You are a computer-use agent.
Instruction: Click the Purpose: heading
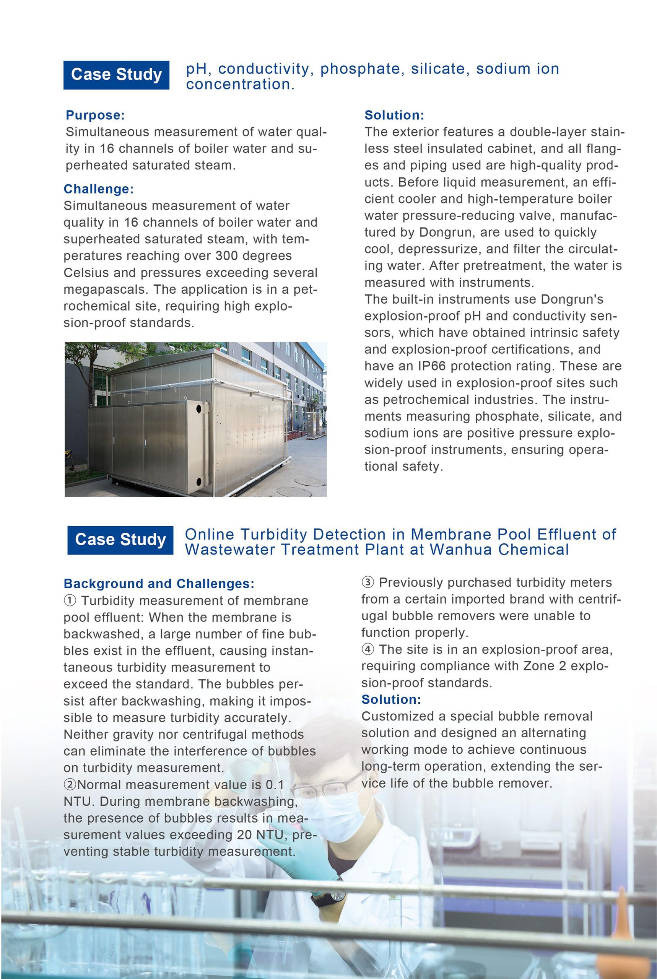tap(95, 115)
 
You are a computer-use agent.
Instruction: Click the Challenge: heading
tap(98, 189)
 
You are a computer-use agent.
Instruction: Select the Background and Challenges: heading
tap(159, 584)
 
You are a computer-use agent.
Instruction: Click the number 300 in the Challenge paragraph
tap(228, 256)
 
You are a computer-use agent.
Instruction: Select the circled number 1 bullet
tap(70, 601)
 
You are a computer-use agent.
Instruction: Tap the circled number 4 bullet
tap(368, 650)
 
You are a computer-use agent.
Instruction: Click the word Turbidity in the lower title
tap(273, 535)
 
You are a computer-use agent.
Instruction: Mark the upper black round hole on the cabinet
tap(198, 408)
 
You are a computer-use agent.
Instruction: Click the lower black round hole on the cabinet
tap(198, 481)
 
